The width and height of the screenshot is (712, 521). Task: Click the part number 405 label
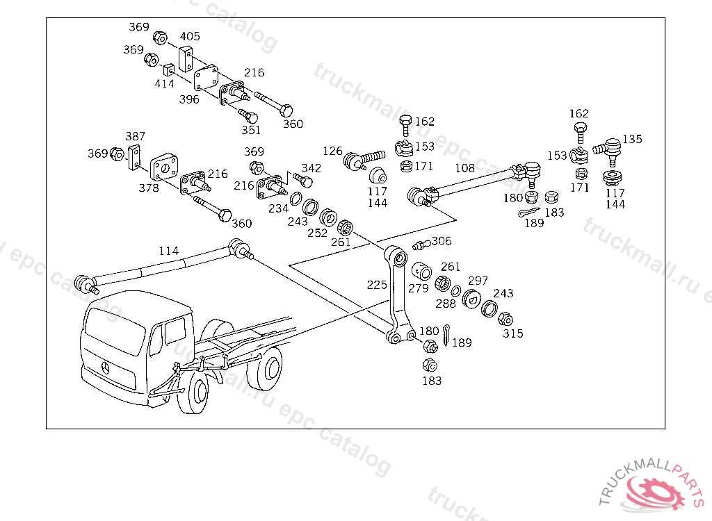pos(190,36)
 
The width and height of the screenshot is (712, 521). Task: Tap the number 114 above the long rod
pos(169,251)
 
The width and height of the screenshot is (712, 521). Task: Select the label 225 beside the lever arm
pos(377,285)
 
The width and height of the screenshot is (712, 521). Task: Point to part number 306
pos(442,241)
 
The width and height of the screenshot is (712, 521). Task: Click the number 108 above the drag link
pos(465,168)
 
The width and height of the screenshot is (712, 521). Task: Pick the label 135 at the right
pos(632,140)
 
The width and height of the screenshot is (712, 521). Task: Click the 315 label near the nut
pos(513,333)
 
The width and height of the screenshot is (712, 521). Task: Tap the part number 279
pos(418,289)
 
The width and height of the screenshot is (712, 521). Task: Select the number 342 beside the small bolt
pos(311,168)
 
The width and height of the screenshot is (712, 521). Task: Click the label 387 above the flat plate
pos(136,136)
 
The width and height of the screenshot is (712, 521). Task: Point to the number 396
pos(189,99)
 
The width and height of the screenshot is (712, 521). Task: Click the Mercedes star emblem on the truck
pos(106,367)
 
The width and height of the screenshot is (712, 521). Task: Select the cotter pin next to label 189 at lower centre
pos(446,334)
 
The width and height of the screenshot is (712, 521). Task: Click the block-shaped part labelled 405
pos(185,59)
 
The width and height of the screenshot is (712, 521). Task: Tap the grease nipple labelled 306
pos(421,245)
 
